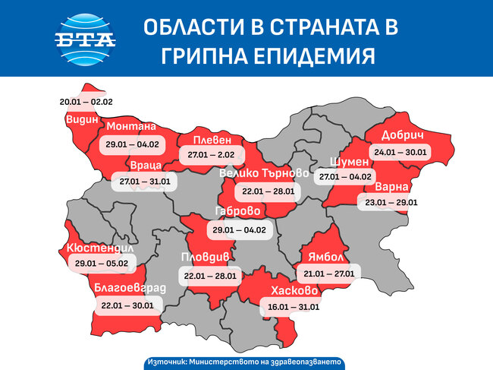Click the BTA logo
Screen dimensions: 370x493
[85, 38]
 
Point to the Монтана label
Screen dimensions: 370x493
[132, 127]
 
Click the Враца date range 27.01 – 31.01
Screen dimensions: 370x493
[145, 182]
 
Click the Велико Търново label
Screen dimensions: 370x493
[263, 174]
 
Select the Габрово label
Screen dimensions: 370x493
[237, 211]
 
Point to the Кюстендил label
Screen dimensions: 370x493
[100, 248]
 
